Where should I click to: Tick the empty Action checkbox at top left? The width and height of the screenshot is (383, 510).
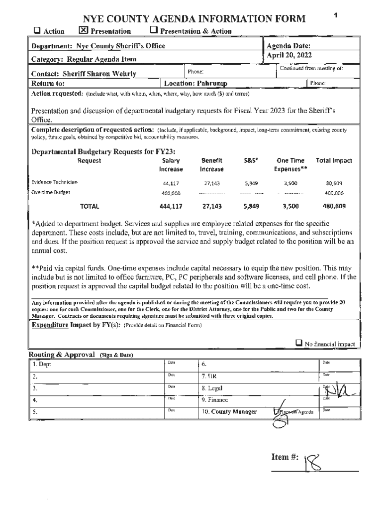coord(37,31)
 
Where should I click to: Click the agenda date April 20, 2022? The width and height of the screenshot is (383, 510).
coord(289,55)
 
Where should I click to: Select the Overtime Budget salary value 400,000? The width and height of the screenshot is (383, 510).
coord(171,193)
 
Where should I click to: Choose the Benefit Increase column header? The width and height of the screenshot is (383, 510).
coord(212,165)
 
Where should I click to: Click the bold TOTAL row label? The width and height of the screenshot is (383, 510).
coord(90,206)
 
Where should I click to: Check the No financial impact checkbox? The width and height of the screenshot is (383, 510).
coord(299,343)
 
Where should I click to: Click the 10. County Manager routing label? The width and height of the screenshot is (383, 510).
coord(229,412)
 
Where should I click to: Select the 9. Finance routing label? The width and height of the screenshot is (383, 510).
coord(215,399)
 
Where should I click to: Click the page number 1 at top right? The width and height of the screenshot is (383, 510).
coord(336,15)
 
